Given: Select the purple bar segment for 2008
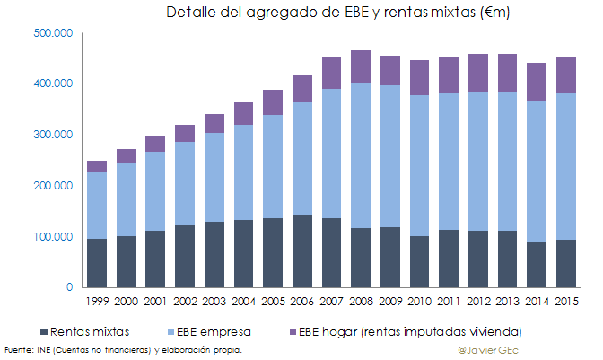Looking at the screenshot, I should coord(361,66).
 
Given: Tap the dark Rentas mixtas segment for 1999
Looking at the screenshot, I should coord(97,263).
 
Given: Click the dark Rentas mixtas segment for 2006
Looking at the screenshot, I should coord(301,251).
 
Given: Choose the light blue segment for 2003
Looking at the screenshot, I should coord(214,177).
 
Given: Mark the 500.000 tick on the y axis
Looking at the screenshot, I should coord(57,33).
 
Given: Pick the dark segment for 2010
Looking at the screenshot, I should coord(418,262).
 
